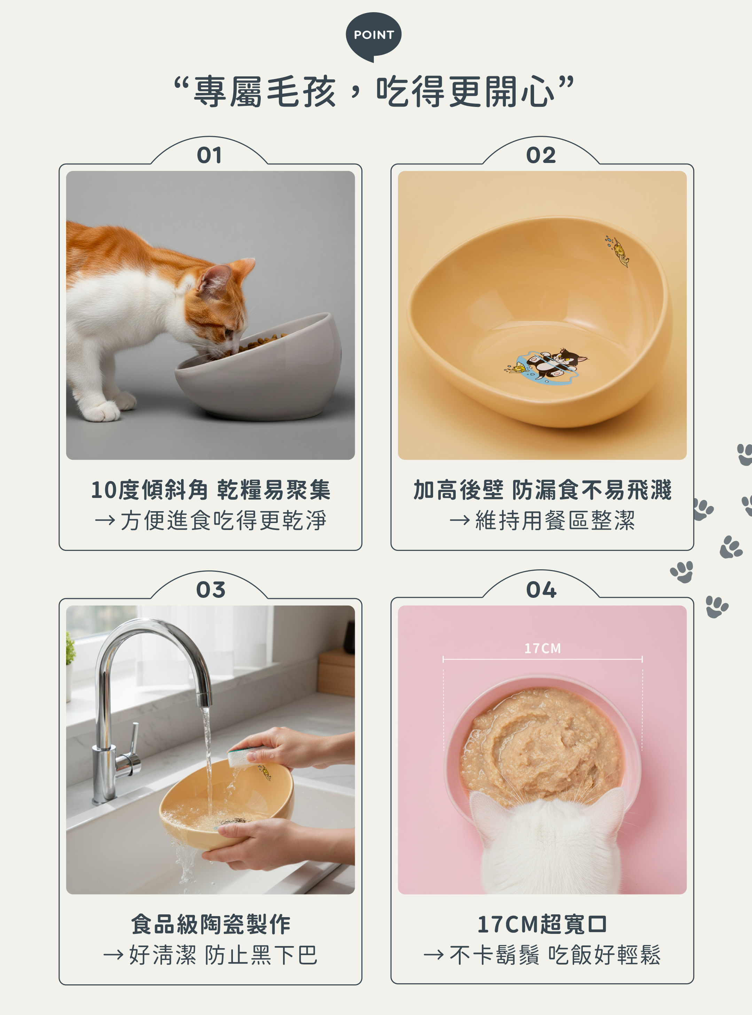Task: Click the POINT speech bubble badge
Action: pos(373,36)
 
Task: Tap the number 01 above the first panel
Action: pos(209,155)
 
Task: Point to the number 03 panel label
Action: pos(210,590)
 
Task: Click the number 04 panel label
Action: pos(541,590)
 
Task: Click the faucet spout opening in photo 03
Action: pos(205,701)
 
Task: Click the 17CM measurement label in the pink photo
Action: pos(542,648)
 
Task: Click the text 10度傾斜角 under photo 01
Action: pos(149,490)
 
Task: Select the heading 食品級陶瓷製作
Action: pos(210,925)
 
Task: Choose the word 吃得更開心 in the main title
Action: pos(465,92)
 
